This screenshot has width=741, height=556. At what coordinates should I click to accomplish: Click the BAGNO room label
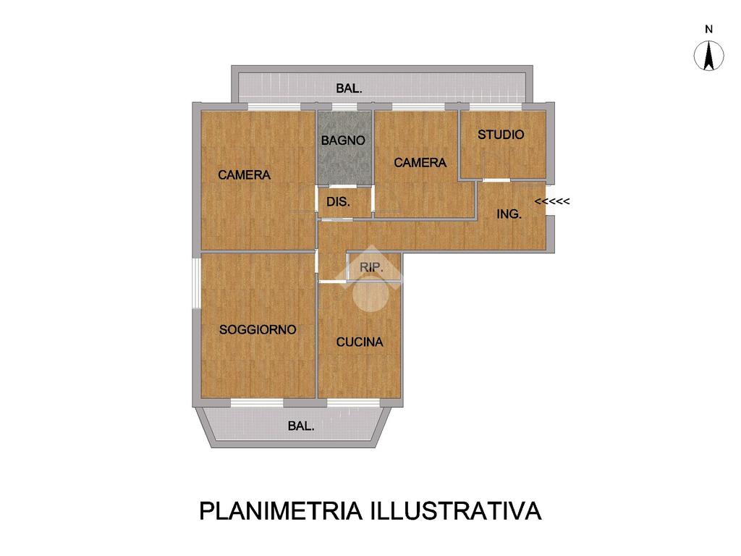(x=343, y=140)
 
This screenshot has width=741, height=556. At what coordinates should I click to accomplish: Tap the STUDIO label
(x=501, y=135)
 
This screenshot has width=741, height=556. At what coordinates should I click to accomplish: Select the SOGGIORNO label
(x=258, y=329)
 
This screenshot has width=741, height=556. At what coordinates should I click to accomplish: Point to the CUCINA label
(x=360, y=342)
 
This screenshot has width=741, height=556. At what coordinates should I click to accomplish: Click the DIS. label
(x=339, y=202)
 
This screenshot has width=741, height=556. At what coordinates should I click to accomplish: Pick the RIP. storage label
(x=371, y=268)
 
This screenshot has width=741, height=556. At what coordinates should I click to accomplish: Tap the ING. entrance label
(x=509, y=214)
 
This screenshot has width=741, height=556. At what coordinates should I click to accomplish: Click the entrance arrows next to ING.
(x=552, y=201)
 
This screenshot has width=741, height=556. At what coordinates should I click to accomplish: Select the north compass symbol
(x=709, y=56)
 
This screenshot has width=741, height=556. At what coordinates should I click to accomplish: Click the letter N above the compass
(x=709, y=29)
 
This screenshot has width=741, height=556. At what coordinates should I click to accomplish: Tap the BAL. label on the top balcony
(x=350, y=88)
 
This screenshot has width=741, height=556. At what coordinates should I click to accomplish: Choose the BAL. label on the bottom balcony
(x=301, y=426)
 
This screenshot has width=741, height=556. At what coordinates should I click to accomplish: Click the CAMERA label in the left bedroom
(x=245, y=175)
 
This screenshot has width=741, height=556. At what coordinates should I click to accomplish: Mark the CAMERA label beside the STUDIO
(x=420, y=163)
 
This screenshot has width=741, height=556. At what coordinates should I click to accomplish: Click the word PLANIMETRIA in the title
(x=281, y=511)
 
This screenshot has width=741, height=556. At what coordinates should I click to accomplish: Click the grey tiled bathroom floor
(x=344, y=148)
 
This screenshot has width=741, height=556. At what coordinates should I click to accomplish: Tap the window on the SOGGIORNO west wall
(x=196, y=283)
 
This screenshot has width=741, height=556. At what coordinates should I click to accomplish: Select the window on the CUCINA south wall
(x=353, y=403)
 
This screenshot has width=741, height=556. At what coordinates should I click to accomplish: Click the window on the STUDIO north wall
(x=495, y=107)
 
